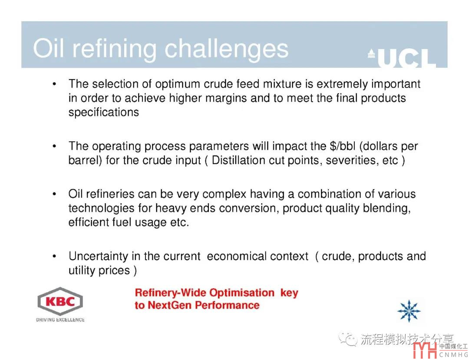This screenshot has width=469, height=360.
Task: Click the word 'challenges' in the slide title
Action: [x=226, y=50]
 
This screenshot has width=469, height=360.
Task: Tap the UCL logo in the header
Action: [x=402, y=58]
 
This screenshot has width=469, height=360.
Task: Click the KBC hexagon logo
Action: [x=60, y=301]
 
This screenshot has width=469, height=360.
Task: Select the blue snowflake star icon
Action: [x=409, y=311]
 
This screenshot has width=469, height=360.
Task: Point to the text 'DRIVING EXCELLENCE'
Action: [x=60, y=320]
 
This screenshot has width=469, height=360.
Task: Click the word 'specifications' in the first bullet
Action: [x=103, y=112]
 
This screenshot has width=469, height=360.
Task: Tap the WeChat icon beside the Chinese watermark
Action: [x=348, y=339]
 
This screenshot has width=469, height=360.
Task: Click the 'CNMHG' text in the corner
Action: [x=454, y=355]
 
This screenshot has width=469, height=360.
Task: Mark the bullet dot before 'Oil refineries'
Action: [x=54, y=195]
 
